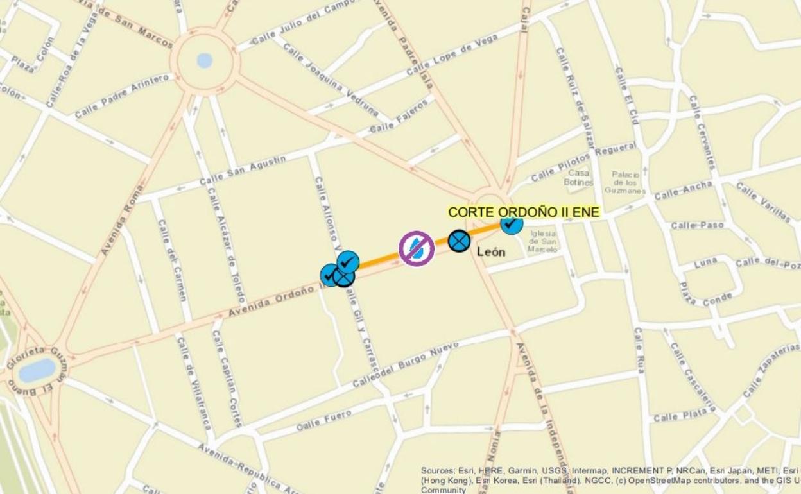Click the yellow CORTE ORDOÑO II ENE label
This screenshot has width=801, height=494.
524,212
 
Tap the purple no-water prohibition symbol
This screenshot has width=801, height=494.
417,248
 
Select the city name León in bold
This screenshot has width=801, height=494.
491,252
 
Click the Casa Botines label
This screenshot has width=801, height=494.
578,178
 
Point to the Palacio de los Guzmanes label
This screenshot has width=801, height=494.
625,182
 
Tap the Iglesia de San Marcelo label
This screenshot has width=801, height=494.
542,242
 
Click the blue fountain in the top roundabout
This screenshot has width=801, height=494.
205,60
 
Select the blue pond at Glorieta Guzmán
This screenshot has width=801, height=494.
37,370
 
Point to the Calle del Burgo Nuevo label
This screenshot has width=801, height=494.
405,365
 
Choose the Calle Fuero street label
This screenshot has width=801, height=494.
324,420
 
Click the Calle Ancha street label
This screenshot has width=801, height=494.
683,190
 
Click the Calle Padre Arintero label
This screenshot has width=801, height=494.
122,96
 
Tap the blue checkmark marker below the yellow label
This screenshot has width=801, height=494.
512,223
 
